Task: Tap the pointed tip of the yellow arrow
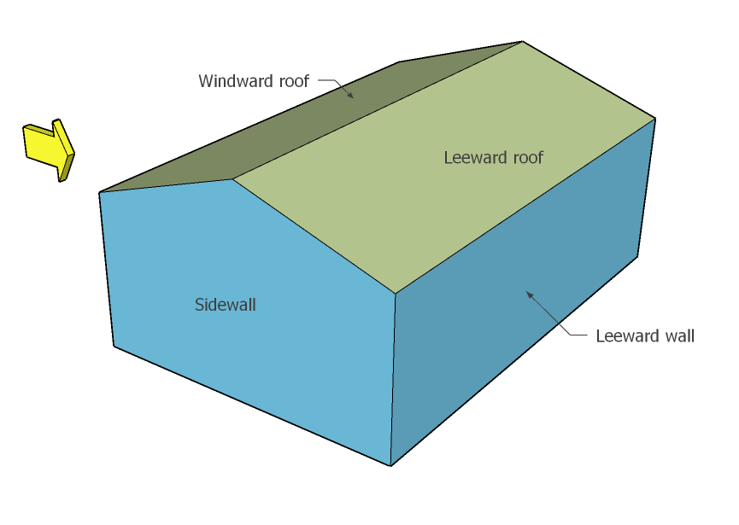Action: coord(73,155)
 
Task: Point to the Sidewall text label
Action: coord(226,305)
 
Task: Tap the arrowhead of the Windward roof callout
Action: coord(351,96)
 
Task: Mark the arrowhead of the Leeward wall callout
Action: coord(528,294)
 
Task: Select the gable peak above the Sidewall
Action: coord(232,179)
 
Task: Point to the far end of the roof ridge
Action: coord(522,42)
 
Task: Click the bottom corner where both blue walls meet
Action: coord(391,465)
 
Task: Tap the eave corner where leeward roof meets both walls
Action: coord(395,294)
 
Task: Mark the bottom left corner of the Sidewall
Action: coord(114,346)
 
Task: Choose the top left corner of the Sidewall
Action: coord(100,192)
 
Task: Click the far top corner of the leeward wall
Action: coord(655,119)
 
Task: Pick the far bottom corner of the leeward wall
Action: coord(636,255)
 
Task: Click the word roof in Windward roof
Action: coord(290,82)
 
